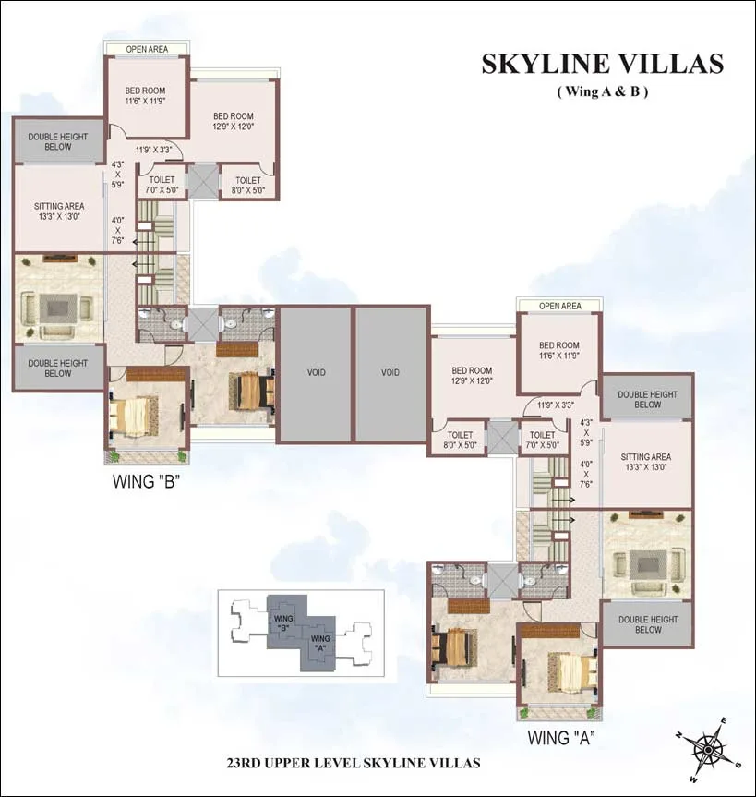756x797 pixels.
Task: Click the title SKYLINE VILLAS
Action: pos(602,64)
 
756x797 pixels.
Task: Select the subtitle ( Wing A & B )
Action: pos(602,91)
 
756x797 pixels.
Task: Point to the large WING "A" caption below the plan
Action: pos(560,737)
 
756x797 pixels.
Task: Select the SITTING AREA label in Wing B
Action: pos(59,211)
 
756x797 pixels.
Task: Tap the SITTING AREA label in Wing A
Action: pos(645,462)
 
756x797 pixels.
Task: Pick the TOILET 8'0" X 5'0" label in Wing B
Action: pos(247,187)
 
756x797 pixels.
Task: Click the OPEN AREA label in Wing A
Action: pos(559,306)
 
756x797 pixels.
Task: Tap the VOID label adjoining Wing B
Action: pos(315,373)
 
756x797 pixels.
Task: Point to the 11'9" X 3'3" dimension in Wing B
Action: pos(154,149)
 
